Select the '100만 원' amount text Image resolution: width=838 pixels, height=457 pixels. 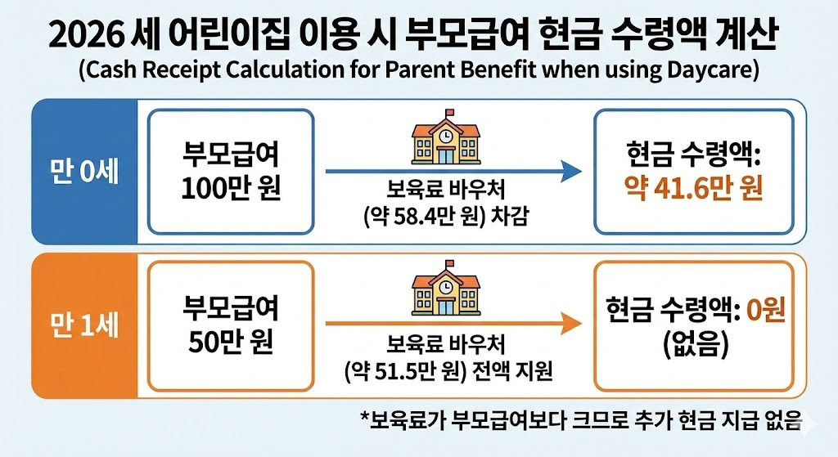pos(230,190)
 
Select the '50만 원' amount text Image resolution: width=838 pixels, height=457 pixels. pos(230,339)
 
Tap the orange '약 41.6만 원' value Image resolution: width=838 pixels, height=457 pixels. pos(694,188)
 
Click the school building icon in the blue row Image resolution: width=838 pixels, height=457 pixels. pos(448,142)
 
